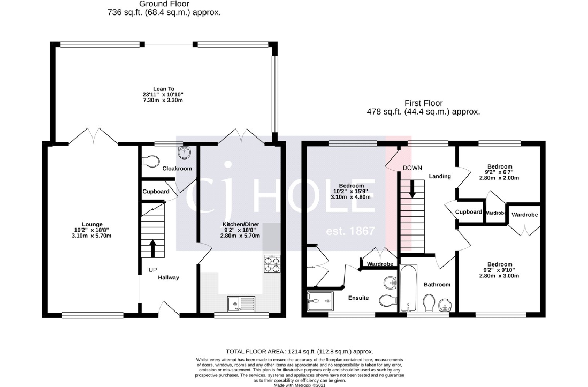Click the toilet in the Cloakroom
point(152,160)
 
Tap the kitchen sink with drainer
point(241,303)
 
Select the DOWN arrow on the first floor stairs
point(413,189)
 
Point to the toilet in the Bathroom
point(428,303)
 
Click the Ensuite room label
point(358,298)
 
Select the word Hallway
point(168,278)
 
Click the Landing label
point(440,176)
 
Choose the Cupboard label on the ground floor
point(156,192)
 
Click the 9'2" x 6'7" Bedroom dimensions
point(500,175)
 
